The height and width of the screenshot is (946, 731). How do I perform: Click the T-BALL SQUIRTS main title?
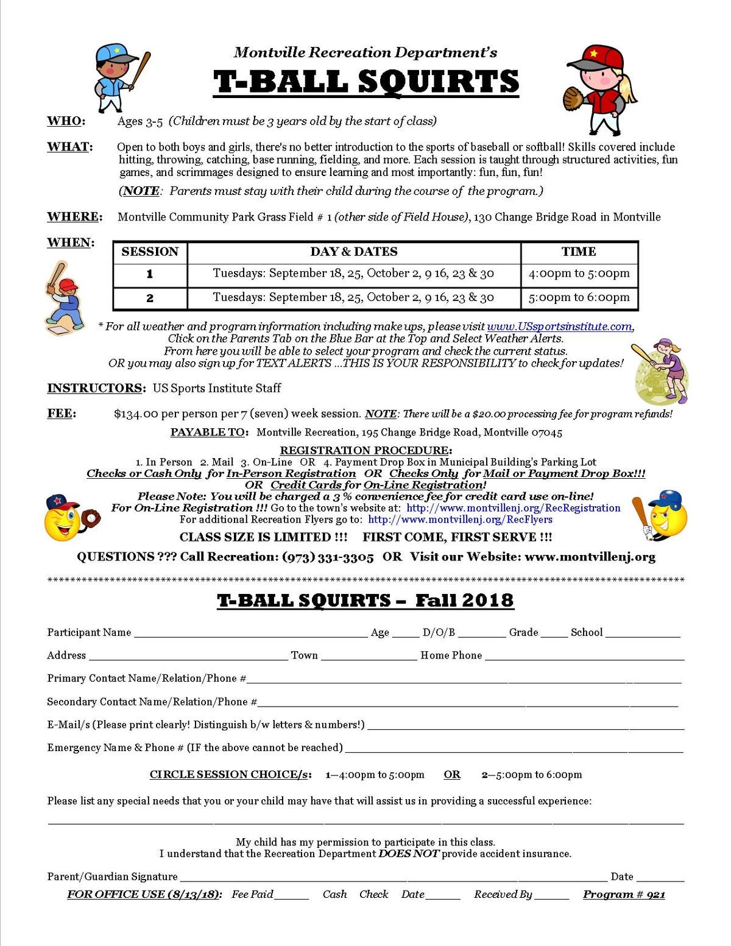click(x=366, y=82)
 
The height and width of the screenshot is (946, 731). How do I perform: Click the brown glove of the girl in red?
click(x=573, y=97)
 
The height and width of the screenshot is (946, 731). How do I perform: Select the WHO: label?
click(x=66, y=121)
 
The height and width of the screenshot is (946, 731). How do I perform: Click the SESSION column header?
click(x=150, y=252)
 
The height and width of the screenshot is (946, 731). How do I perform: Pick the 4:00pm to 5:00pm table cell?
click(x=579, y=274)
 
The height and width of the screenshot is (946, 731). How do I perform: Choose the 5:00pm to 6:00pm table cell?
click(x=579, y=297)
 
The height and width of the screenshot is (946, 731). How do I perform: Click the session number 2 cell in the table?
click(x=150, y=298)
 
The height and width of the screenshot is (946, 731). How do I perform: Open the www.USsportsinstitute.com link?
click(x=559, y=327)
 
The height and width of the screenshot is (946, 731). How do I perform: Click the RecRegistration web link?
click(x=513, y=508)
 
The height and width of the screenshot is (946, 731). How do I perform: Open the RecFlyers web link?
click(x=460, y=520)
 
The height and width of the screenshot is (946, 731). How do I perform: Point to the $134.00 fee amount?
click(x=136, y=414)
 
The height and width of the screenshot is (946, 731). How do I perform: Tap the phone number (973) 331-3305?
click(x=328, y=557)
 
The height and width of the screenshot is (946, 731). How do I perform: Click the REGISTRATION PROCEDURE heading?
click(x=365, y=450)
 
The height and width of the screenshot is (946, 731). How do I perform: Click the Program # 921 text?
click(x=624, y=894)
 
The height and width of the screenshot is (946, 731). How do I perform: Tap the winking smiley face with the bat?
click(x=663, y=516)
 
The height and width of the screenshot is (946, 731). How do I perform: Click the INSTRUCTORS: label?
click(x=96, y=388)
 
